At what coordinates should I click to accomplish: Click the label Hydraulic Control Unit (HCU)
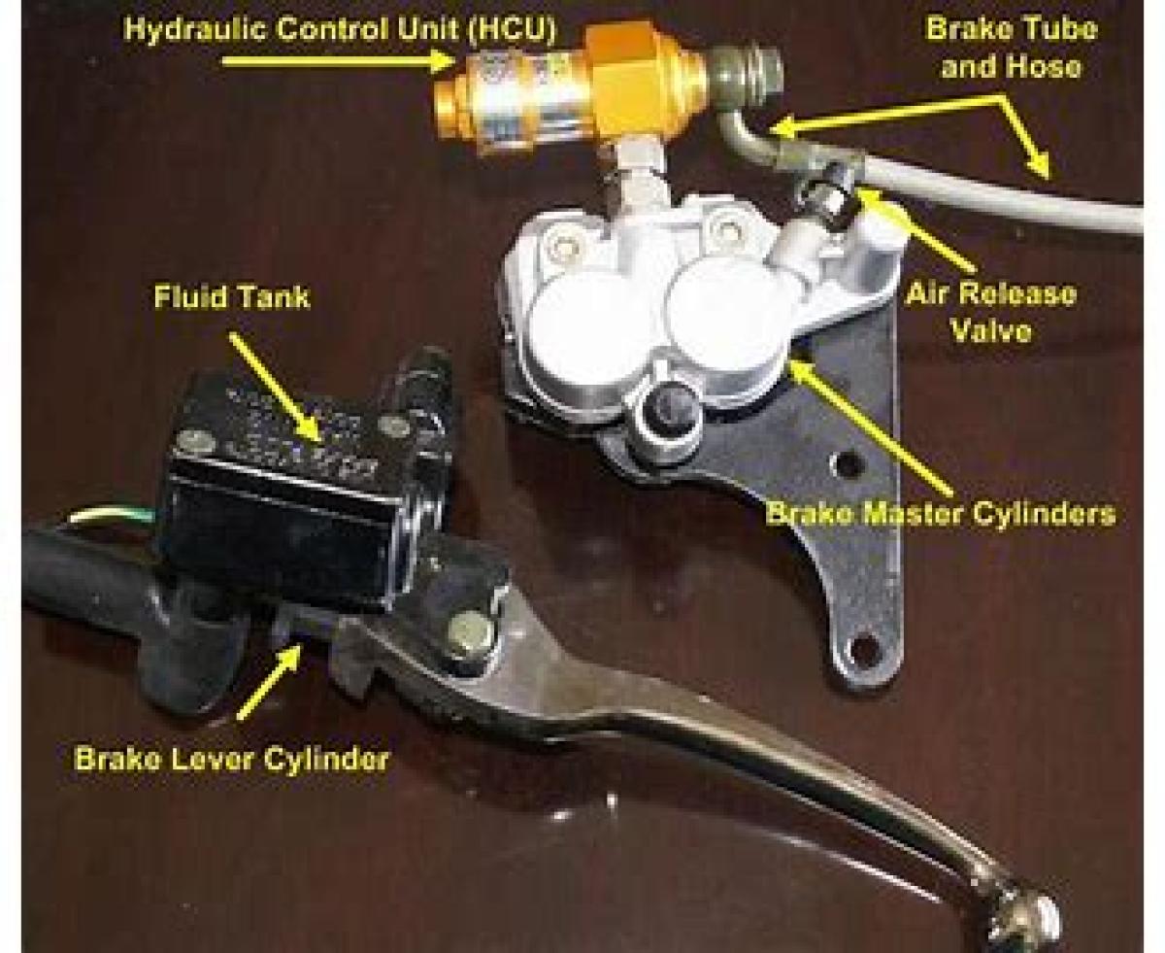[x=339, y=30]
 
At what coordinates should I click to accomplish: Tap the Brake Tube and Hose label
[x=1011, y=49]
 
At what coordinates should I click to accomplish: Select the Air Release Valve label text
[x=991, y=312]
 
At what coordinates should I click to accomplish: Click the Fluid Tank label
[x=231, y=297]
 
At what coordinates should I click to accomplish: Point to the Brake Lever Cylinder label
[x=231, y=759]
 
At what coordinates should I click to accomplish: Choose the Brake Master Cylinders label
[x=940, y=514]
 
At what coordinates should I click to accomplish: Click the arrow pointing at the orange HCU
[x=337, y=61]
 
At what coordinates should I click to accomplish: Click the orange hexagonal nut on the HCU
[x=625, y=83]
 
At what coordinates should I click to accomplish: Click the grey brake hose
[x=994, y=187]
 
